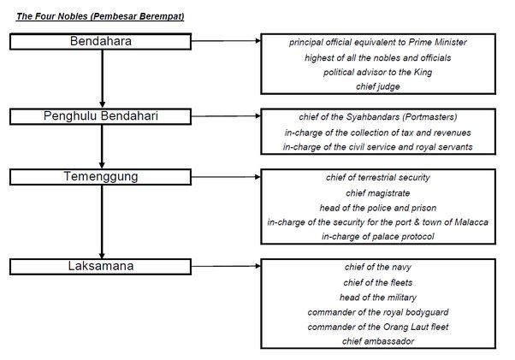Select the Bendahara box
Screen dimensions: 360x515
click(x=101, y=41)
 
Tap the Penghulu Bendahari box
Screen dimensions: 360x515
click(x=101, y=115)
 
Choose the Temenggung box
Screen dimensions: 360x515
click(x=101, y=176)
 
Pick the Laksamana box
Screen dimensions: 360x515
click(x=101, y=266)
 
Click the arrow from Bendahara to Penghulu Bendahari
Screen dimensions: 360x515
click(x=102, y=80)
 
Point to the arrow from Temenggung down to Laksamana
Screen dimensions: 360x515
click(x=102, y=222)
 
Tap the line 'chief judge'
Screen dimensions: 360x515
click(x=377, y=87)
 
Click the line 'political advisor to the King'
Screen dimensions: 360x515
click(x=377, y=72)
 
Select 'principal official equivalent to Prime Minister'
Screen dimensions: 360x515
click(x=377, y=42)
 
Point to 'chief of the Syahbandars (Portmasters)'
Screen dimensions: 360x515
click(x=377, y=116)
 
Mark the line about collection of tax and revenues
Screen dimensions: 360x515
click(x=377, y=133)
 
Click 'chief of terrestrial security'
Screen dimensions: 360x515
click(x=377, y=178)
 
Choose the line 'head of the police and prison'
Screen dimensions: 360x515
click(x=377, y=208)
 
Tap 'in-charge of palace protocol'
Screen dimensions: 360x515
click(x=377, y=237)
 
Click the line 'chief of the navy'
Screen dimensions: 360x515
click(x=377, y=268)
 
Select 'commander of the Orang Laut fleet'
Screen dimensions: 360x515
click(x=377, y=327)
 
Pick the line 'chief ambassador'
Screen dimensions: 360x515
click(x=377, y=341)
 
